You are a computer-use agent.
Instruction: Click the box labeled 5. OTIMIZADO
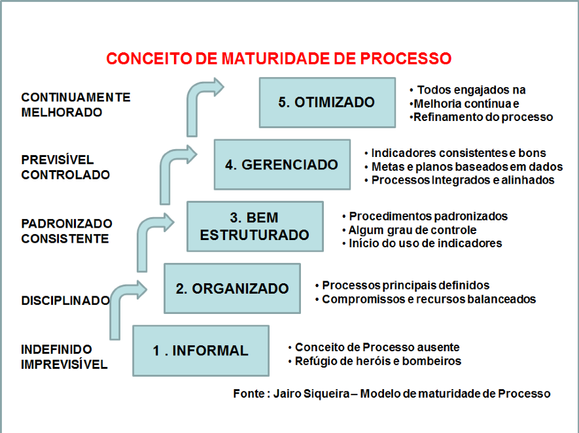[x=327, y=103]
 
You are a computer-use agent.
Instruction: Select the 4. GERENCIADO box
[x=282, y=165]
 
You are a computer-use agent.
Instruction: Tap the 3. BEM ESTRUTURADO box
[x=255, y=226]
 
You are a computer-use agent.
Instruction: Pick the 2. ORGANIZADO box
[x=232, y=288]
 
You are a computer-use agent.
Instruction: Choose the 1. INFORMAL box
[x=201, y=351]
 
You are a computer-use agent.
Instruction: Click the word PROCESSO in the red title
[x=406, y=58]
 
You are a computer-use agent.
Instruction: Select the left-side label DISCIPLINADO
[x=65, y=300]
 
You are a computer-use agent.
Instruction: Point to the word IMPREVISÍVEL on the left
[x=64, y=365]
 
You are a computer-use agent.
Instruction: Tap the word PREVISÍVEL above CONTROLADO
[x=58, y=160]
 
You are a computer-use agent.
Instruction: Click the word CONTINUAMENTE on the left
[x=76, y=97]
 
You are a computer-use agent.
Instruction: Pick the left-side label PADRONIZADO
[x=67, y=223]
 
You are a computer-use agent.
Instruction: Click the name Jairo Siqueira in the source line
[x=311, y=394]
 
